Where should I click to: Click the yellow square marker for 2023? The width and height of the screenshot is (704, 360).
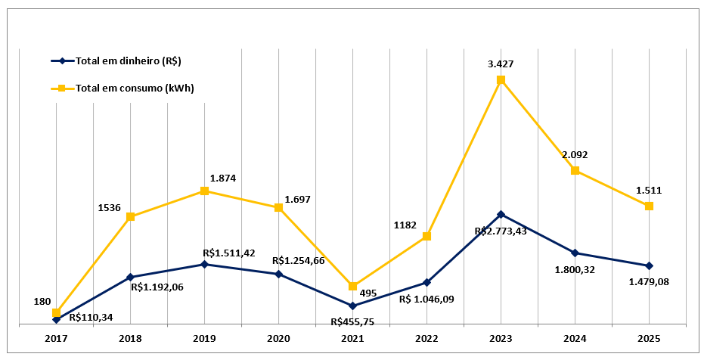(x=501, y=79)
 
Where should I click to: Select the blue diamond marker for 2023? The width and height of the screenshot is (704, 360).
(x=501, y=214)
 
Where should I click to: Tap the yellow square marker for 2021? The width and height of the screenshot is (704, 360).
(x=352, y=286)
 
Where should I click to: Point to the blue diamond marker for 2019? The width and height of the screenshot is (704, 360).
(x=204, y=264)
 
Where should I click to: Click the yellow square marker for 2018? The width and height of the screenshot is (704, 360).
(x=130, y=217)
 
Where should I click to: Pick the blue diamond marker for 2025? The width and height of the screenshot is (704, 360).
(x=649, y=265)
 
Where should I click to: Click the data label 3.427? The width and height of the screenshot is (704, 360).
(x=501, y=64)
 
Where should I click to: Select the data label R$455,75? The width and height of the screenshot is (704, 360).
(x=352, y=321)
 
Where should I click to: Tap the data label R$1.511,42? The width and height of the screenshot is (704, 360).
(x=229, y=252)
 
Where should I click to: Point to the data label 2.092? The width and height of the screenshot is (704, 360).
(x=575, y=154)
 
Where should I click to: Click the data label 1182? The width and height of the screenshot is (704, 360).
(x=406, y=225)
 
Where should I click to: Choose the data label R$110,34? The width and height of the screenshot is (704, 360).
(x=91, y=317)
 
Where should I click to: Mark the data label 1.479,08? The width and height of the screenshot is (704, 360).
(x=649, y=281)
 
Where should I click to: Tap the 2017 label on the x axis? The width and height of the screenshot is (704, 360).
(x=56, y=338)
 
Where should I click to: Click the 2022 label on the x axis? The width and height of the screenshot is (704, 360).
(x=426, y=338)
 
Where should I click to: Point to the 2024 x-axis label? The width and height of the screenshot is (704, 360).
(x=575, y=338)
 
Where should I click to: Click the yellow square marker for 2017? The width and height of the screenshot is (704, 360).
(x=56, y=312)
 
